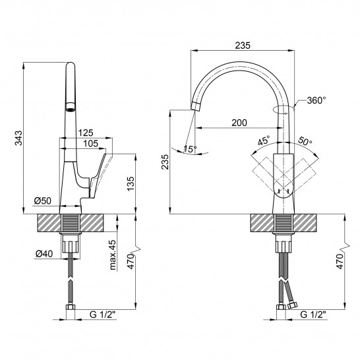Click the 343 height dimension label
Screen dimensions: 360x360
pyautogui.click(x=18, y=138)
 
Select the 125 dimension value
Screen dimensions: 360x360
pyautogui.click(x=86, y=133)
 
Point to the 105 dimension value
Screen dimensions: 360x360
pyautogui.click(x=91, y=144)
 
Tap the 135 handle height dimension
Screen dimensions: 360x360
pyautogui.click(x=131, y=183)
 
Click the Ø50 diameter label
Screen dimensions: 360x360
pyautogui.click(x=43, y=201)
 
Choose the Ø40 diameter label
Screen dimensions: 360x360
pyautogui.click(x=44, y=254)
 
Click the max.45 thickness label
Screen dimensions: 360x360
pyautogui.click(x=113, y=255)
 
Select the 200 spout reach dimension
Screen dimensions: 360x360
pyautogui.click(x=239, y=123)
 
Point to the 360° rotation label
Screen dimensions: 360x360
pyautogui.click(x=316, y=100)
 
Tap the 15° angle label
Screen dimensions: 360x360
pyautogui.click(x=190, y=149)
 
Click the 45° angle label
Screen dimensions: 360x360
pyautogui.click(x=264, y=140)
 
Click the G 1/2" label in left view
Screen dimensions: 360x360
pyautogui.click(x=102, y=315)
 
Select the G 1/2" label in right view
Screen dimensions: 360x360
pyautogui.click(x=313, y=315)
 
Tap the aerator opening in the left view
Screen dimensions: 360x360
pyautogui.click(x=71, y=107)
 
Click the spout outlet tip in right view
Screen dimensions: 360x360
pyautogui.click(x=195, y=106)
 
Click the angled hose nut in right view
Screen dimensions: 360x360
pyautogui.click(x=292, y=305)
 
